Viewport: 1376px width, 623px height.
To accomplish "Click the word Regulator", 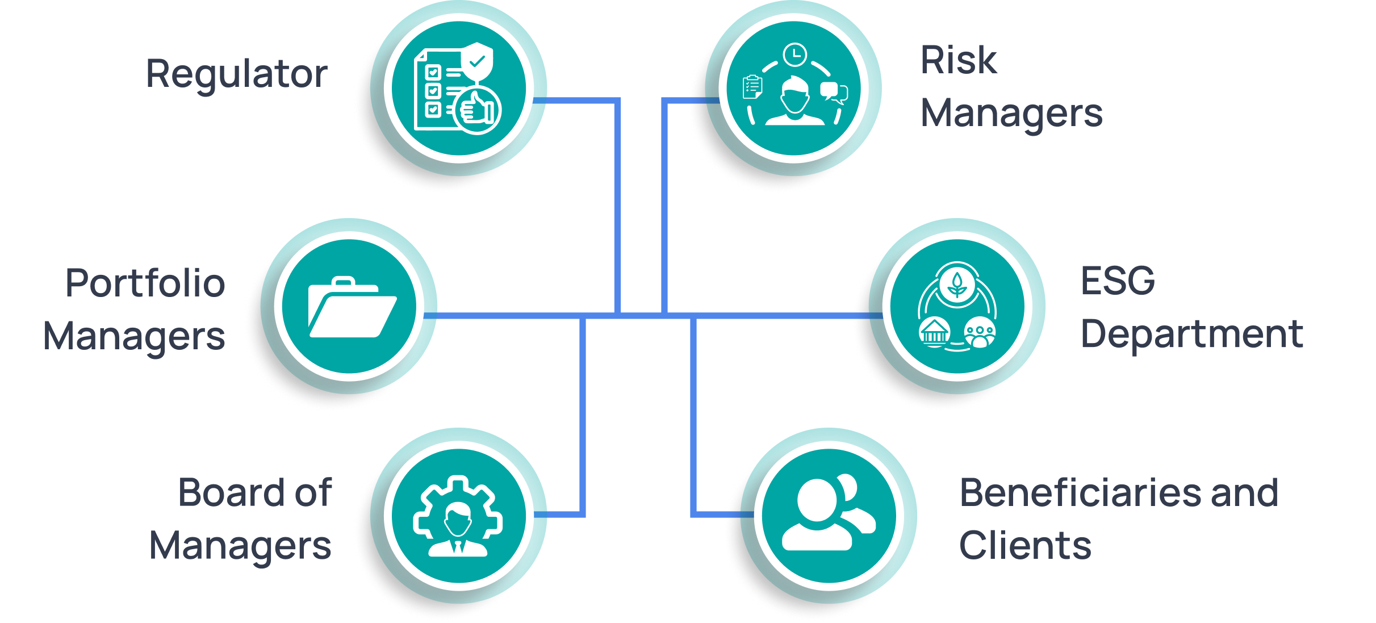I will [236, 74].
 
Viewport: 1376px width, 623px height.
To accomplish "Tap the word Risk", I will [958, 60].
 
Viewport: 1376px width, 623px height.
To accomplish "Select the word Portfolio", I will [145, 283].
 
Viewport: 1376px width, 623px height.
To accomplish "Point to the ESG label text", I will [1117, 281].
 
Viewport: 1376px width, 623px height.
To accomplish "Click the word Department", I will [1191, 334].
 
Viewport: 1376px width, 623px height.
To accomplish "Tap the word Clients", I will [1025, 546].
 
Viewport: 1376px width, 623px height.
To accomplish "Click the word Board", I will [232, 492].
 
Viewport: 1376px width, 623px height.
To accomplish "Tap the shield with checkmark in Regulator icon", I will [478, 60].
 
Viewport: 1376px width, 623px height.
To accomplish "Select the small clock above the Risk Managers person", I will [794, 55].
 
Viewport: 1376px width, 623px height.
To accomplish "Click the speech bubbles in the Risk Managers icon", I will [834, 93].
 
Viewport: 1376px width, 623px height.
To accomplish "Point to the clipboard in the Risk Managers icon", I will [752, 87].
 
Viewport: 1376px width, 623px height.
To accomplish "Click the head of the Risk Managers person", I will [794, 95].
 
